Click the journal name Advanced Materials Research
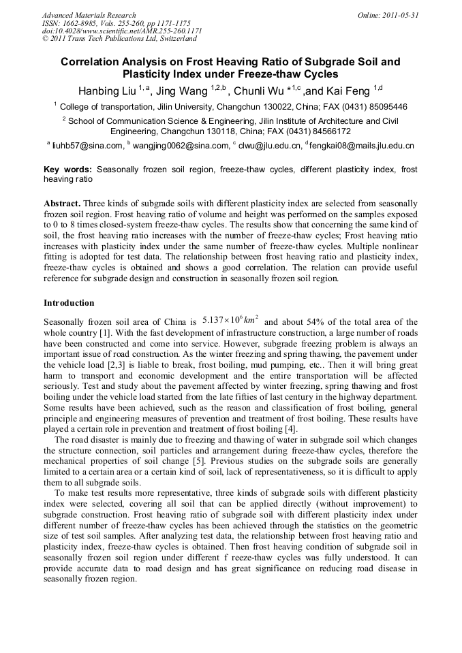[89, 15]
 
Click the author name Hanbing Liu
[106, 90]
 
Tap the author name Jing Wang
[184, 90]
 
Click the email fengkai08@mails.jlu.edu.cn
[361, 145]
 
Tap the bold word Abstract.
[63, 204]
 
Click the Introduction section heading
[69, 302]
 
